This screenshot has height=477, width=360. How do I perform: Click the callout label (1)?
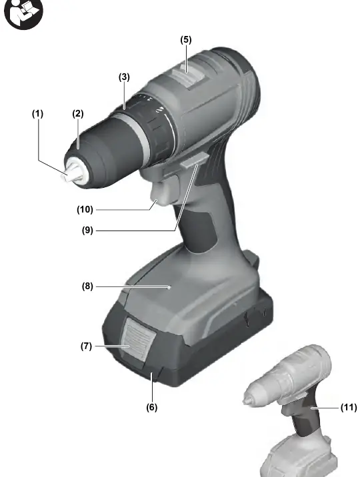tap(38, 114)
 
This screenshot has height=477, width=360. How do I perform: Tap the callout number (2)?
tap(77, 114)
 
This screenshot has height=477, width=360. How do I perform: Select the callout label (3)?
tap(124, 77)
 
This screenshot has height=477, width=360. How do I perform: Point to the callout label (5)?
tap(186, 39)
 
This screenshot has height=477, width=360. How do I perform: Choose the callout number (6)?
tap(152, 407)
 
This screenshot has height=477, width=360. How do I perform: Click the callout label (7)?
tap(86, 346)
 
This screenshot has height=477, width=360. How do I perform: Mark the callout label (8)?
tap(87, 286)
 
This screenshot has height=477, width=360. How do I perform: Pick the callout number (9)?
tap(87, 231)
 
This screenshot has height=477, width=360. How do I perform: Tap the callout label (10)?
tap(85, 210)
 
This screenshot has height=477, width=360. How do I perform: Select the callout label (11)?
tap(349, 407)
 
